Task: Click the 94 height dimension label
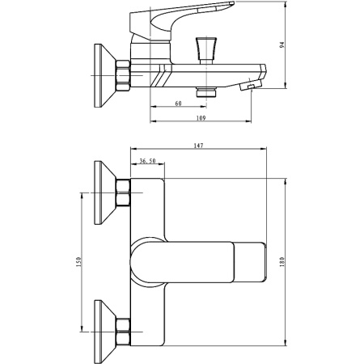(x=282, y=44)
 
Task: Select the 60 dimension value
(x=178, y=104)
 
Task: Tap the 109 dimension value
(x=201, y=118)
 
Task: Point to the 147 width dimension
(x=198, y=146)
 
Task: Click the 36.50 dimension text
(x=147, y=161)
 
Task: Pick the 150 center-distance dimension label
(x=78, y=262)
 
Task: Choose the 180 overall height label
(x=282, y=262)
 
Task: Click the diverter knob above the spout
(x=206, y=50)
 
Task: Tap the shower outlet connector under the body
(x=206, y=91)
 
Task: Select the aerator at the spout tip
(x=251, y=86)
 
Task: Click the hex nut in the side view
(x=123, y=76)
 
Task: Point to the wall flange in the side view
(x=105, y=76)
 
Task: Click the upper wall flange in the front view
(x=105, y=193)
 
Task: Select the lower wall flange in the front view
(x=105, y=332)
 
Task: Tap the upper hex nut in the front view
(x=123, y=193)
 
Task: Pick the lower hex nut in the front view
(x=123, y=332)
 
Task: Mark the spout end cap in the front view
(x=250, y=262)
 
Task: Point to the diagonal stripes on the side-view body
(x=161, y=76)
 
